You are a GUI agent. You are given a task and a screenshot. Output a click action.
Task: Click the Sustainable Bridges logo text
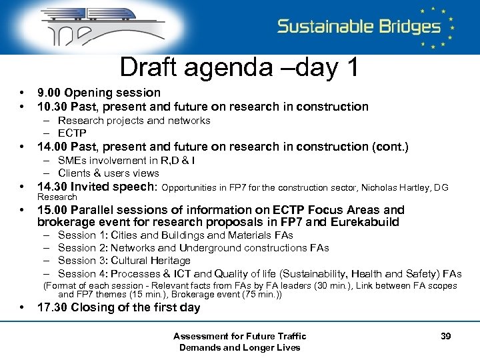tap(359, 27)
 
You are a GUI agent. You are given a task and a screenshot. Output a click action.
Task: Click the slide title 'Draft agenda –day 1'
tap(239, 67)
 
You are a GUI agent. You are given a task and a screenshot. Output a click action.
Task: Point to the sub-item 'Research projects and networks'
tap(134, 121)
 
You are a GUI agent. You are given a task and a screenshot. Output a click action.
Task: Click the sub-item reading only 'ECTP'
tap(72, 133)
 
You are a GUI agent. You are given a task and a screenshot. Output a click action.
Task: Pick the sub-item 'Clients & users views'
tap(109, 173)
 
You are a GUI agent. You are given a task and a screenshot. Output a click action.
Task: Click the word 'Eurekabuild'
tap(367, 223)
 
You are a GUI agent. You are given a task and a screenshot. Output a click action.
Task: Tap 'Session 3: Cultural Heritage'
tap(124, 261)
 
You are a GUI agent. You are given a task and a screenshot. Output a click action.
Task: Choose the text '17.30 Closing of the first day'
tap(119, 307)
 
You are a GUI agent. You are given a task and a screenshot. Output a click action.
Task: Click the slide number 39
tap(445, 336)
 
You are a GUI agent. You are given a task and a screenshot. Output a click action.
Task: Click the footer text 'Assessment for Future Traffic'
tap(239, 336)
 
